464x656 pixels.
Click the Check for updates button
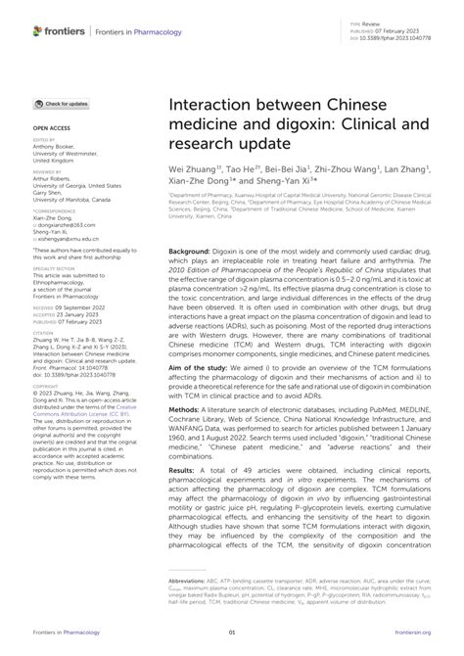point(61,103)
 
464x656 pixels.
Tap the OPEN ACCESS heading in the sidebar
point(51,128)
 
